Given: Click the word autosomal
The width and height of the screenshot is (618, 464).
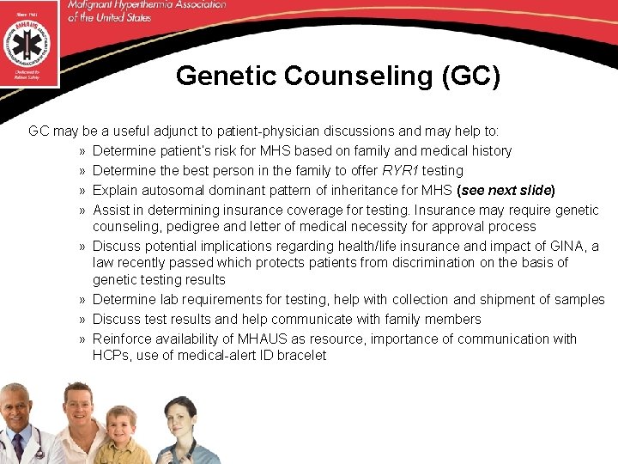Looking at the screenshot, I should click(175, 189).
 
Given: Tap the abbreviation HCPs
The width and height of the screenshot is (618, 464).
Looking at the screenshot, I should click(110, 355).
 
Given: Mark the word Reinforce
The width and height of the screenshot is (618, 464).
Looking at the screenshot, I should click(124, 339).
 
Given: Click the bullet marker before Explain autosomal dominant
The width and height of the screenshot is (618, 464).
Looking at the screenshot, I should click(80, 190).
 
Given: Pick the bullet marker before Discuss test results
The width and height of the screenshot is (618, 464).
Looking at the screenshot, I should click(80, 320).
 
